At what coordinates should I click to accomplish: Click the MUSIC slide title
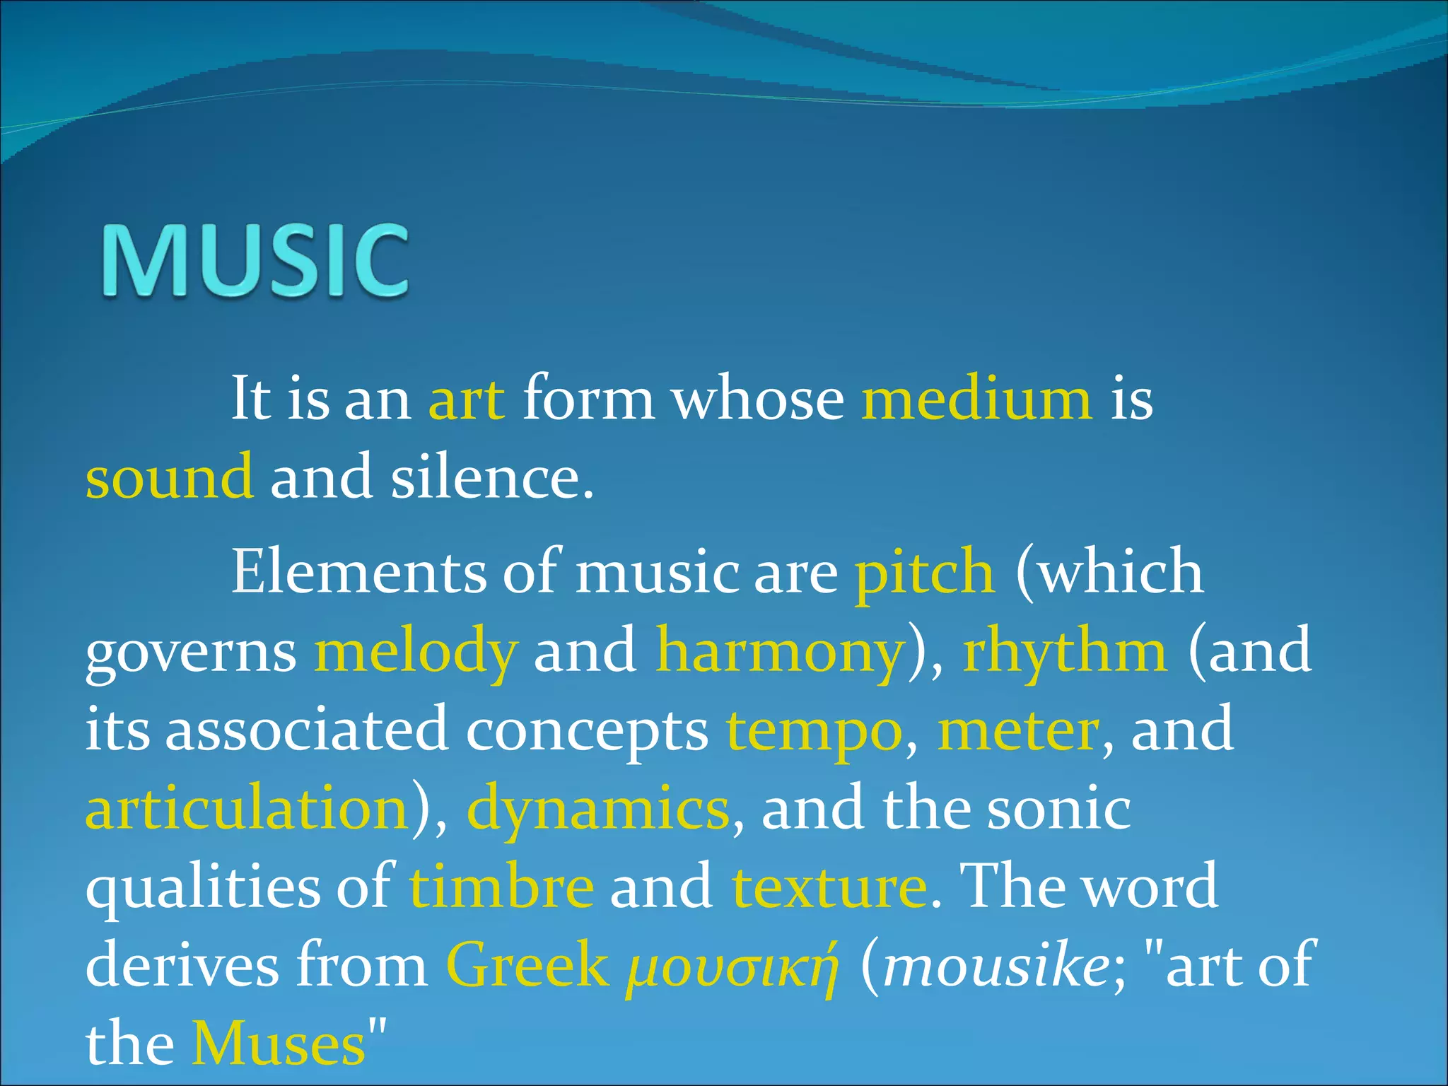(x=255, y=260)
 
